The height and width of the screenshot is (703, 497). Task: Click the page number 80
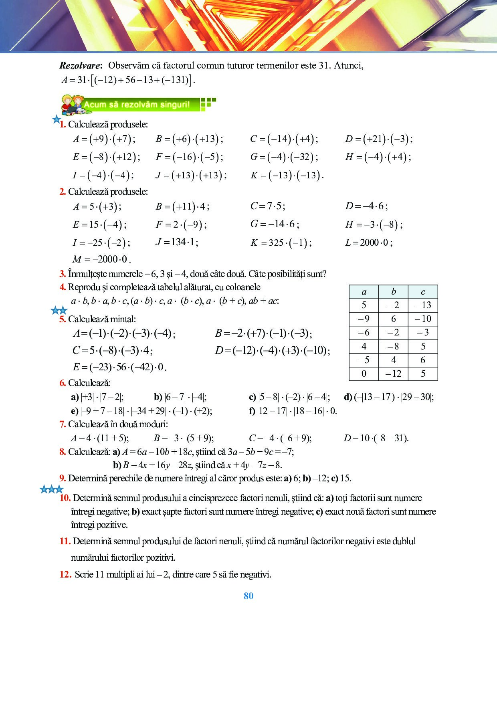248,596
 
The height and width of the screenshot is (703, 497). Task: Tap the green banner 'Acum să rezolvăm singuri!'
137,105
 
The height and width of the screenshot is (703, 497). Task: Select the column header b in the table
393,292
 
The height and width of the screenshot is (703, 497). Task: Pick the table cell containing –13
423,305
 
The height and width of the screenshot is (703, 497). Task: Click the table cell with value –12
393,374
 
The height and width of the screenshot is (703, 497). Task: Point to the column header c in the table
423,292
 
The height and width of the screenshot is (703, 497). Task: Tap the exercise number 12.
65,574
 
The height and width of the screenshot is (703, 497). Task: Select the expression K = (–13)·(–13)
287,176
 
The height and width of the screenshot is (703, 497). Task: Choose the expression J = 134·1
177,242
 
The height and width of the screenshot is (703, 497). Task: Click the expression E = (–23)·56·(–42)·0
119,367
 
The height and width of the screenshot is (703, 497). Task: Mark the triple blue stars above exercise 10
52,489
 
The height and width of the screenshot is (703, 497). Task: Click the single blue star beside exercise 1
57,119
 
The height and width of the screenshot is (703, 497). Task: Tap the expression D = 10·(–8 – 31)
376,438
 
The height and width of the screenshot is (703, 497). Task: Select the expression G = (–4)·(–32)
284,157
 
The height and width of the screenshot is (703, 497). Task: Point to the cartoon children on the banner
72,104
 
